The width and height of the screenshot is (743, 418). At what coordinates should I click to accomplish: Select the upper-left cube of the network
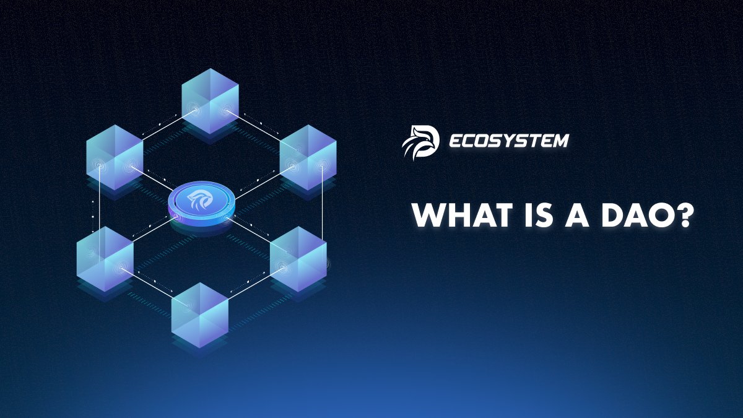coord(115,159)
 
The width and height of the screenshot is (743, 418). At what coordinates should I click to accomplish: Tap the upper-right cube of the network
coord(308,159)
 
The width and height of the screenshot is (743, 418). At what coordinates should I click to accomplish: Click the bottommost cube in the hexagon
coord(200,315)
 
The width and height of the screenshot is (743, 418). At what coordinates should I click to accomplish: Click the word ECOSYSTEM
coord(508,141)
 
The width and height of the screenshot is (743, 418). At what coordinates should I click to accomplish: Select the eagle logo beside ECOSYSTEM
coord(420,141)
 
